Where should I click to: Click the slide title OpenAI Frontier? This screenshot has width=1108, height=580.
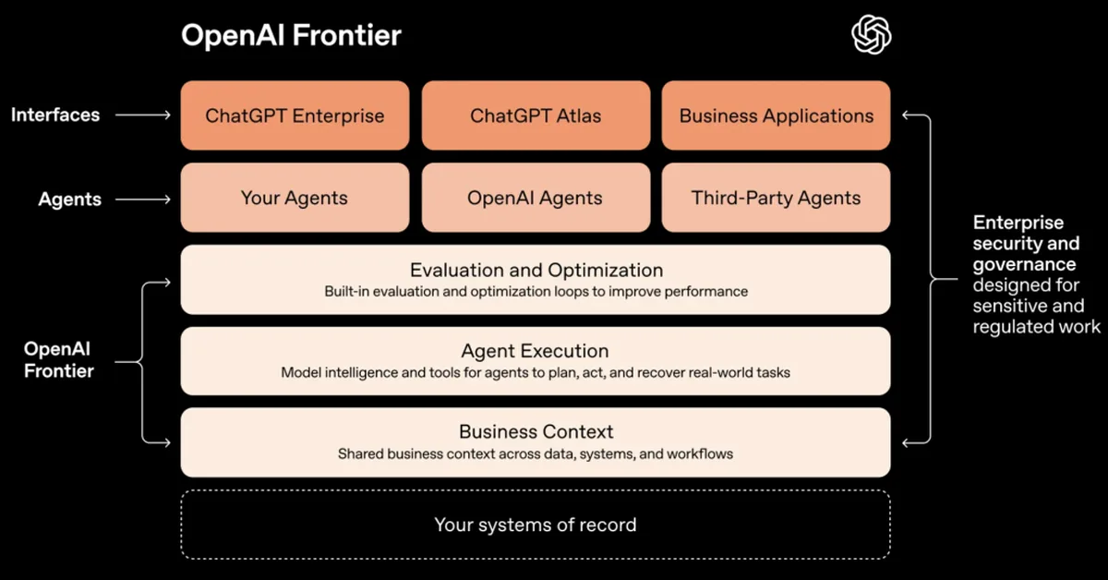click(x=291, y=36)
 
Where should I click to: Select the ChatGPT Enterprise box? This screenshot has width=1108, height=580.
click(x=295, y=116)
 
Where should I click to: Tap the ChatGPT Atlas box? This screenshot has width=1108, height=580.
click(x=536, y=116)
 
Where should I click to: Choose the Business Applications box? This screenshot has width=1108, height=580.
click(x=776, y=116)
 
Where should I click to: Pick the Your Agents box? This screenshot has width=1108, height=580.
click(x=295, y=198)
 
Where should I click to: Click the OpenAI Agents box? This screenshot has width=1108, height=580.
click(x=536, y=198)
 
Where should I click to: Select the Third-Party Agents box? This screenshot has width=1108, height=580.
click(x=776, y=198)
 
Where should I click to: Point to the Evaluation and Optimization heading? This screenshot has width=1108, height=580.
click(x=536, y=271)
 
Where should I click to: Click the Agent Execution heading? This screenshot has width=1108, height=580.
click(x=536, y=351)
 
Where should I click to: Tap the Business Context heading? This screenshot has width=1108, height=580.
click(x=536, y=431)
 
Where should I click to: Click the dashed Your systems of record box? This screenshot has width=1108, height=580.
click(x=536, y=525)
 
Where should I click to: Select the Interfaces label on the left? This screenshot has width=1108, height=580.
click(x=55, y=115)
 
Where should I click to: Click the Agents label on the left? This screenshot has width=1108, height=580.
click(x=70, y=199)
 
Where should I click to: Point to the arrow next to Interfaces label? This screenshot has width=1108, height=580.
click(x=144, y=115)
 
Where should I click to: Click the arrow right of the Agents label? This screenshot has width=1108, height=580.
click(x=144, y=199)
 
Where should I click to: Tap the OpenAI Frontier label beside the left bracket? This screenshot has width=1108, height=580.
click(x=59, y=360)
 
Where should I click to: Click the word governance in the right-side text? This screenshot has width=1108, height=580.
click(x=1024, y=264)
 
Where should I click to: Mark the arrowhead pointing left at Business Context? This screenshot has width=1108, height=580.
click(x=906, y=443)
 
